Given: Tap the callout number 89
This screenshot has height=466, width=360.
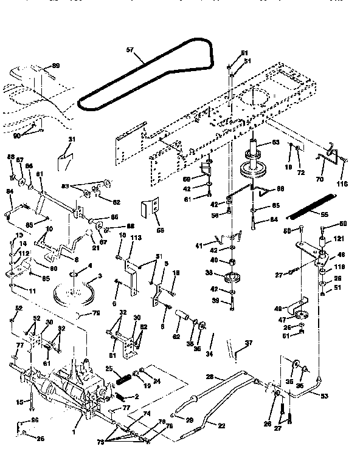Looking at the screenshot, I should point(56,65).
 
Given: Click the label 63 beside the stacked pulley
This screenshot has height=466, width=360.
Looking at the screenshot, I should point(275,143).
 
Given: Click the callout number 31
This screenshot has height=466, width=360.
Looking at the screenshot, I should point(72,140).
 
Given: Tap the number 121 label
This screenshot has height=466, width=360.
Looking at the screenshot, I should point(337,239).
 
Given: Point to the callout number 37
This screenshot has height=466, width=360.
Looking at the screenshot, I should point(247,343).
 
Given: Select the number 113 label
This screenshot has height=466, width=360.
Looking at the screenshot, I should point(136,238).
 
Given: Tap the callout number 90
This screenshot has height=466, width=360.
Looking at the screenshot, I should point(16,135).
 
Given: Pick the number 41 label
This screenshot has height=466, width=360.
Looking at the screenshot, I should point(199,245).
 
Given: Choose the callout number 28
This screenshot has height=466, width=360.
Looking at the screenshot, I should point(209,377).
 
